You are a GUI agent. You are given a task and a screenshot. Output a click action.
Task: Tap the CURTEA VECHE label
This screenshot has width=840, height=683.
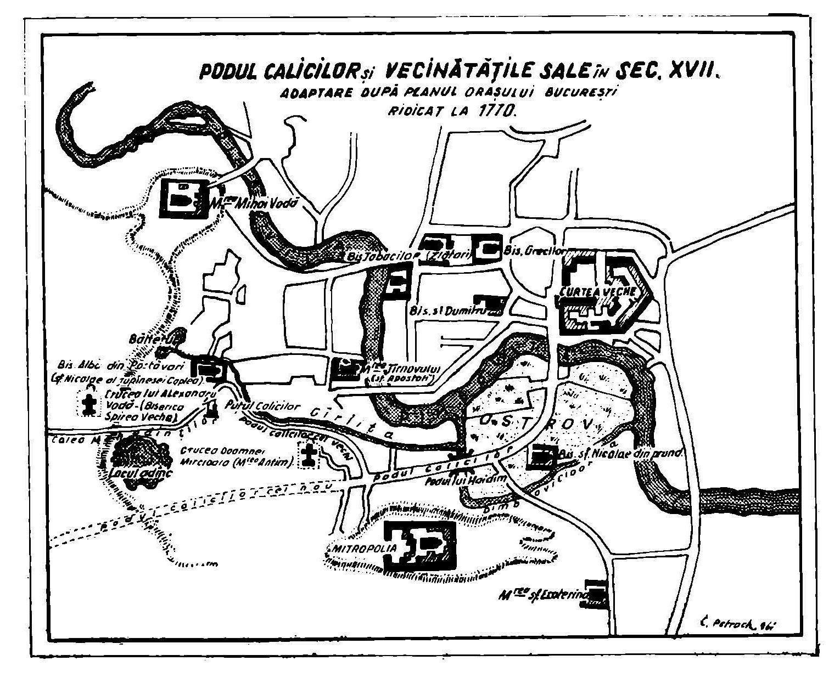point(598,291)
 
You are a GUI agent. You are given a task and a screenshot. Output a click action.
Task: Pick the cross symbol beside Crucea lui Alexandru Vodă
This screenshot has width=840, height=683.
point(88,405)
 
